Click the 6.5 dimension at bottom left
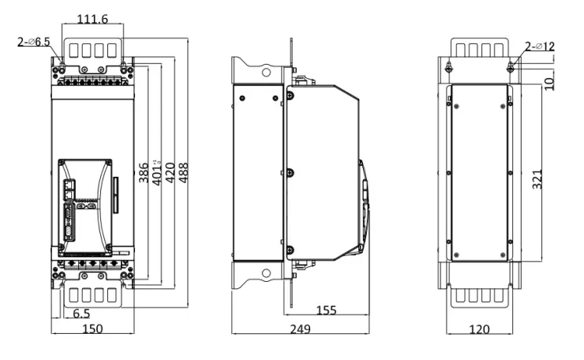(80, 313)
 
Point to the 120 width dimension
(478, 328)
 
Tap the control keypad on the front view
(85, 201)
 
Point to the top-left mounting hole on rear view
(447, 69)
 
